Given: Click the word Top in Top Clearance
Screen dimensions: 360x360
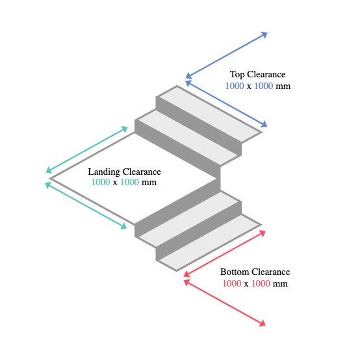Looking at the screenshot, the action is coord(237,75).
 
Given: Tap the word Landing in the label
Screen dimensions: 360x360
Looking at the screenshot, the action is coord(104,172).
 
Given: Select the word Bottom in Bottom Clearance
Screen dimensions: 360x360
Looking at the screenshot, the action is coord(235,272).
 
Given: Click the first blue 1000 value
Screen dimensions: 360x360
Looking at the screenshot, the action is coord(235,86).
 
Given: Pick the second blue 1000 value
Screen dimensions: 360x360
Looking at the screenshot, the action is coord(264,86).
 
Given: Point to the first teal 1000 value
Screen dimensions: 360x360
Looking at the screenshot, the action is coord(101,183).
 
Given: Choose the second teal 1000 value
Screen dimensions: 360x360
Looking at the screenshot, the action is coord(130,183).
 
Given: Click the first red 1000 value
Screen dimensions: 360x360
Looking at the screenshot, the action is coord(232,283).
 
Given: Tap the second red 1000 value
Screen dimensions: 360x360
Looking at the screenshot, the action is coord(261,283).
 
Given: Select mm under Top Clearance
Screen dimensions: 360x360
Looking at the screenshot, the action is coord(283,86).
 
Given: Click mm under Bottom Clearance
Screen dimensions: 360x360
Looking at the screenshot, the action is coord(280,284).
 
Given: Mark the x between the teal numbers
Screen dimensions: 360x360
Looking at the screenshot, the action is coord(115,183).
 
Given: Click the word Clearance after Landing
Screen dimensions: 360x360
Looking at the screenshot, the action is coord(142,172).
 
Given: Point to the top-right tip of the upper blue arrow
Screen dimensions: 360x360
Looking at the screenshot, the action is coord(268,32).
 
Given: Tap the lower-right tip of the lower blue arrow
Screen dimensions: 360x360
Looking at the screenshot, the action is coord(267,127).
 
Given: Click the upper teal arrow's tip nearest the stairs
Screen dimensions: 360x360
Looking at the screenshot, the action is coord(127,127).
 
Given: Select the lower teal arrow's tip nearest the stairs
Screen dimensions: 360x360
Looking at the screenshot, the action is coord(127,229).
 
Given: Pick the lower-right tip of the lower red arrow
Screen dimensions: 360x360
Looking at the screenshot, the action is coord(266,326).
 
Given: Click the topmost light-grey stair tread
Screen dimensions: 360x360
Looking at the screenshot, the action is coord(211,114).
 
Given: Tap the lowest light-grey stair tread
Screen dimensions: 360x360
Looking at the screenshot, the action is coord(210,242).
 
